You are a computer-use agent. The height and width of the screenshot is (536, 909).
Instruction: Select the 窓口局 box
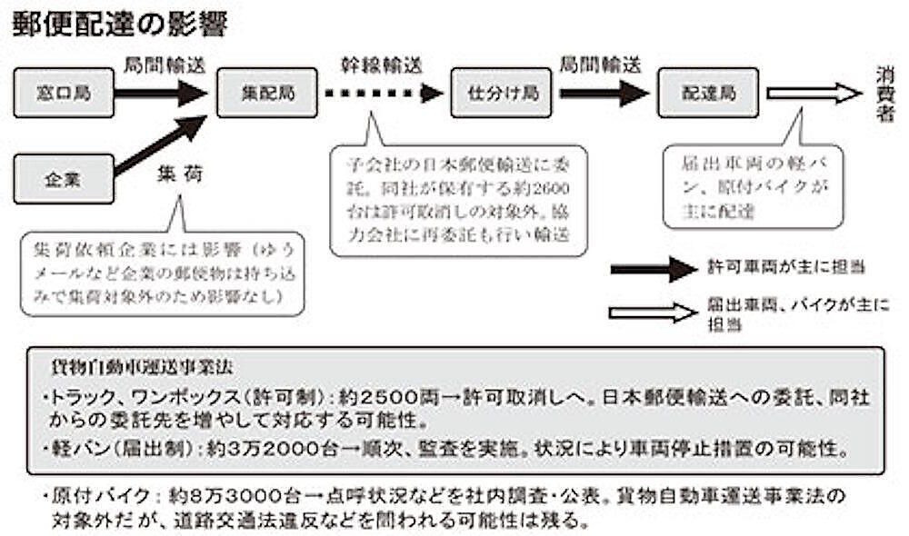(x=64, y=93)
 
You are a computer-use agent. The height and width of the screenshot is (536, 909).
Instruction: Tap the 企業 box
(x=64, y=179)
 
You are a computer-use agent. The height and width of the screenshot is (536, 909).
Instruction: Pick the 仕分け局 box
(x=502, y=93)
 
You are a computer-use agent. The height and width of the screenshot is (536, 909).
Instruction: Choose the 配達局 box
(x=709, y=93)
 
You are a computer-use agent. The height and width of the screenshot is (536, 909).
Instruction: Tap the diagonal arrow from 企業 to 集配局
(x=162, y=145)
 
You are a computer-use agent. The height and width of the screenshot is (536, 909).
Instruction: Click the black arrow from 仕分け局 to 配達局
(x=604, y=93)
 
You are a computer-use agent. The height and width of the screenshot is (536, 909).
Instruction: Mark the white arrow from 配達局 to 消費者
(x=814, y=93)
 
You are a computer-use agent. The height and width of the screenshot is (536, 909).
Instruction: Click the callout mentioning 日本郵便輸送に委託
(x=458, y=200)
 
